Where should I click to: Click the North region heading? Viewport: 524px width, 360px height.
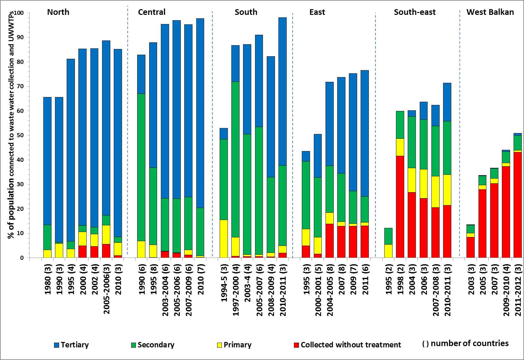pyautogui.click(x=58, y=12)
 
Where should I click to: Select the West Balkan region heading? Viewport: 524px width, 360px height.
pyautogui.click(x=490, y=12)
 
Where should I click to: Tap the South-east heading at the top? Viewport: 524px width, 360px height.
pyautogui.click(x=415, y=12)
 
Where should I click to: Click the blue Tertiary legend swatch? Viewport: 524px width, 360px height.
pyautogui.click(x=57, y=345)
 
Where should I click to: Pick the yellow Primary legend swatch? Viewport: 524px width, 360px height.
pyautogui.click(x=219, y=345)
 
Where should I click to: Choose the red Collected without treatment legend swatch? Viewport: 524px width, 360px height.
pyautogui.click(x=296, y=345)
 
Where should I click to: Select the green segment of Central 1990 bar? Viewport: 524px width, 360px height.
pyautogui.click(x=141, y=168)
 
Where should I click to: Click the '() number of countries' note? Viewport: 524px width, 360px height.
pyautogui.click(x=465, y=344)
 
